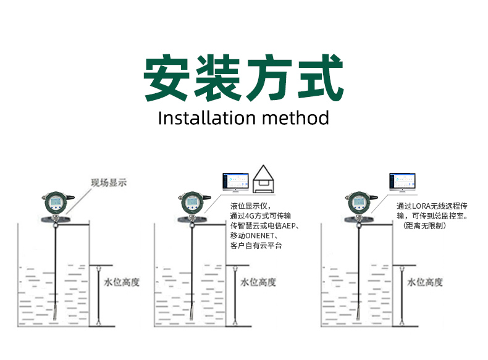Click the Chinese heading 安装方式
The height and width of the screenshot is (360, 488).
[x=243, y=78]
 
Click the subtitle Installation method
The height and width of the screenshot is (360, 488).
[x=243, y=118]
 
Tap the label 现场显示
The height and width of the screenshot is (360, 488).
[x=109, y=182]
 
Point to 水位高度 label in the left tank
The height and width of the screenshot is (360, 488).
[x=121, y=282]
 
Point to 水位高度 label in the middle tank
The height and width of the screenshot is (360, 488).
[x=258, y=282]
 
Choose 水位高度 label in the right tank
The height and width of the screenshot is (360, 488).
[x=425, y=282]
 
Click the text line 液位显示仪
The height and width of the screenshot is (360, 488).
[x=251, y=206]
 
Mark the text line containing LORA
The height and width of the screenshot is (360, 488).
[x=435, y=206]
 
